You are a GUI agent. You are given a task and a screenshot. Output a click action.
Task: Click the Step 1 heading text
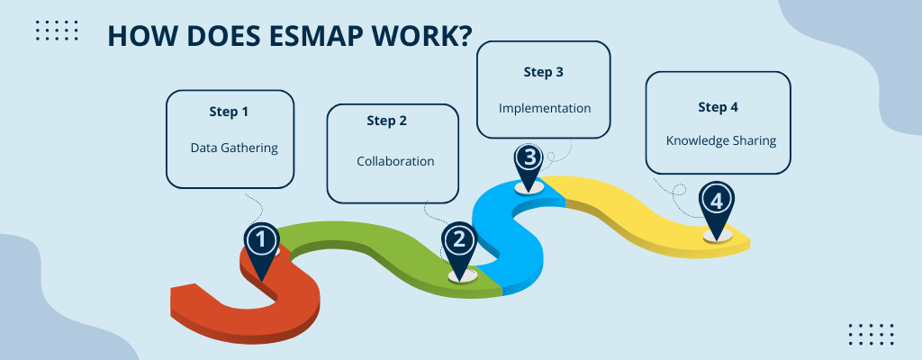229,112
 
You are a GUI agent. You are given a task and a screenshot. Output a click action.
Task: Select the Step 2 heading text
387,121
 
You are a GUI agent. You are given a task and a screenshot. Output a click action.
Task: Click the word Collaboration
395,162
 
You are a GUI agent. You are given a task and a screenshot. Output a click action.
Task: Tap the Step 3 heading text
544,70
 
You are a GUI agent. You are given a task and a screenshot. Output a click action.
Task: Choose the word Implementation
545,108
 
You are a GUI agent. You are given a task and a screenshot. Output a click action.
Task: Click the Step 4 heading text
718,107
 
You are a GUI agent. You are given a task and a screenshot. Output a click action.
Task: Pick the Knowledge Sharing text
720,141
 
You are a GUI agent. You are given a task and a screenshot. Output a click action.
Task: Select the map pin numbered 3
529,160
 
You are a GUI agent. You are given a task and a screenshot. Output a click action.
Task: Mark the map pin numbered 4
717,202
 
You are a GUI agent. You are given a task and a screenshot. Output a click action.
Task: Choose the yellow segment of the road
630,207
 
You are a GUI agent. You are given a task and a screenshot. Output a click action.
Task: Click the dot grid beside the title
56,31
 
